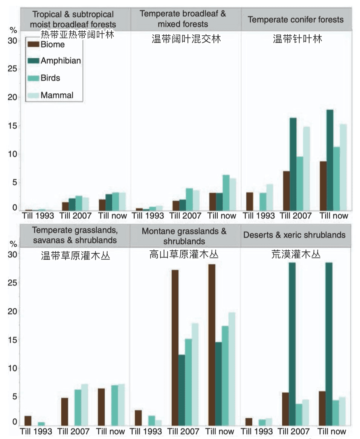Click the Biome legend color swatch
tap(33, 44)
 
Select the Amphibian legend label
tap(61, 61)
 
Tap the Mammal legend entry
tap(57, 95)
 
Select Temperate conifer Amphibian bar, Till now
tap(329, 160)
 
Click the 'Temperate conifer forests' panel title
tap(296, 20)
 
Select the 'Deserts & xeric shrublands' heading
tap(294, 235)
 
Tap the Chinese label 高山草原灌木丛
tap(184, 255)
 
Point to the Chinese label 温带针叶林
tap(297, 39)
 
